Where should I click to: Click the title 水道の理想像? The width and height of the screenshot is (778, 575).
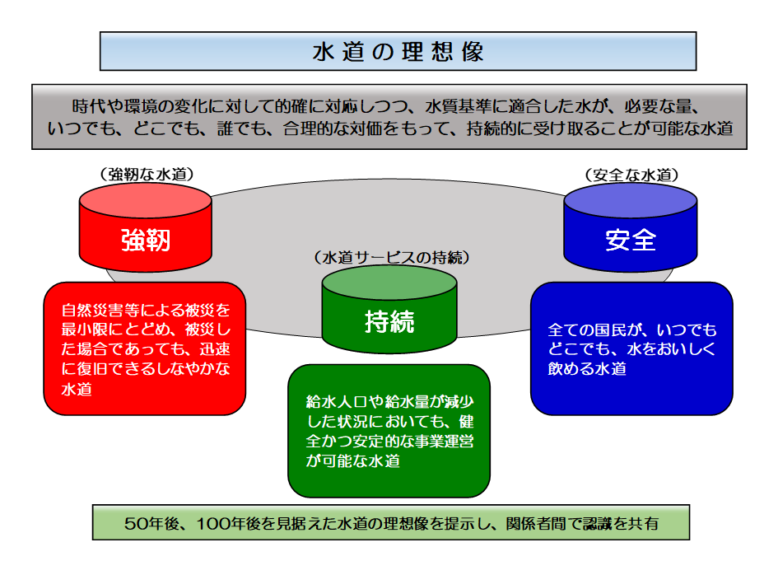click(x=398, y=51)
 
